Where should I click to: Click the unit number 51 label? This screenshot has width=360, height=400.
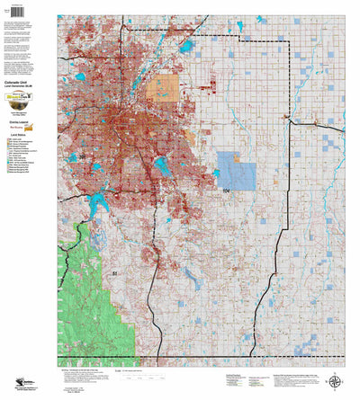pos(114,271)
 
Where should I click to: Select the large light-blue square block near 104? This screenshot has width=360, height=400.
pos(237,170)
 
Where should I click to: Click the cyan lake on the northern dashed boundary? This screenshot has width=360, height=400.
pos(187,45)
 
